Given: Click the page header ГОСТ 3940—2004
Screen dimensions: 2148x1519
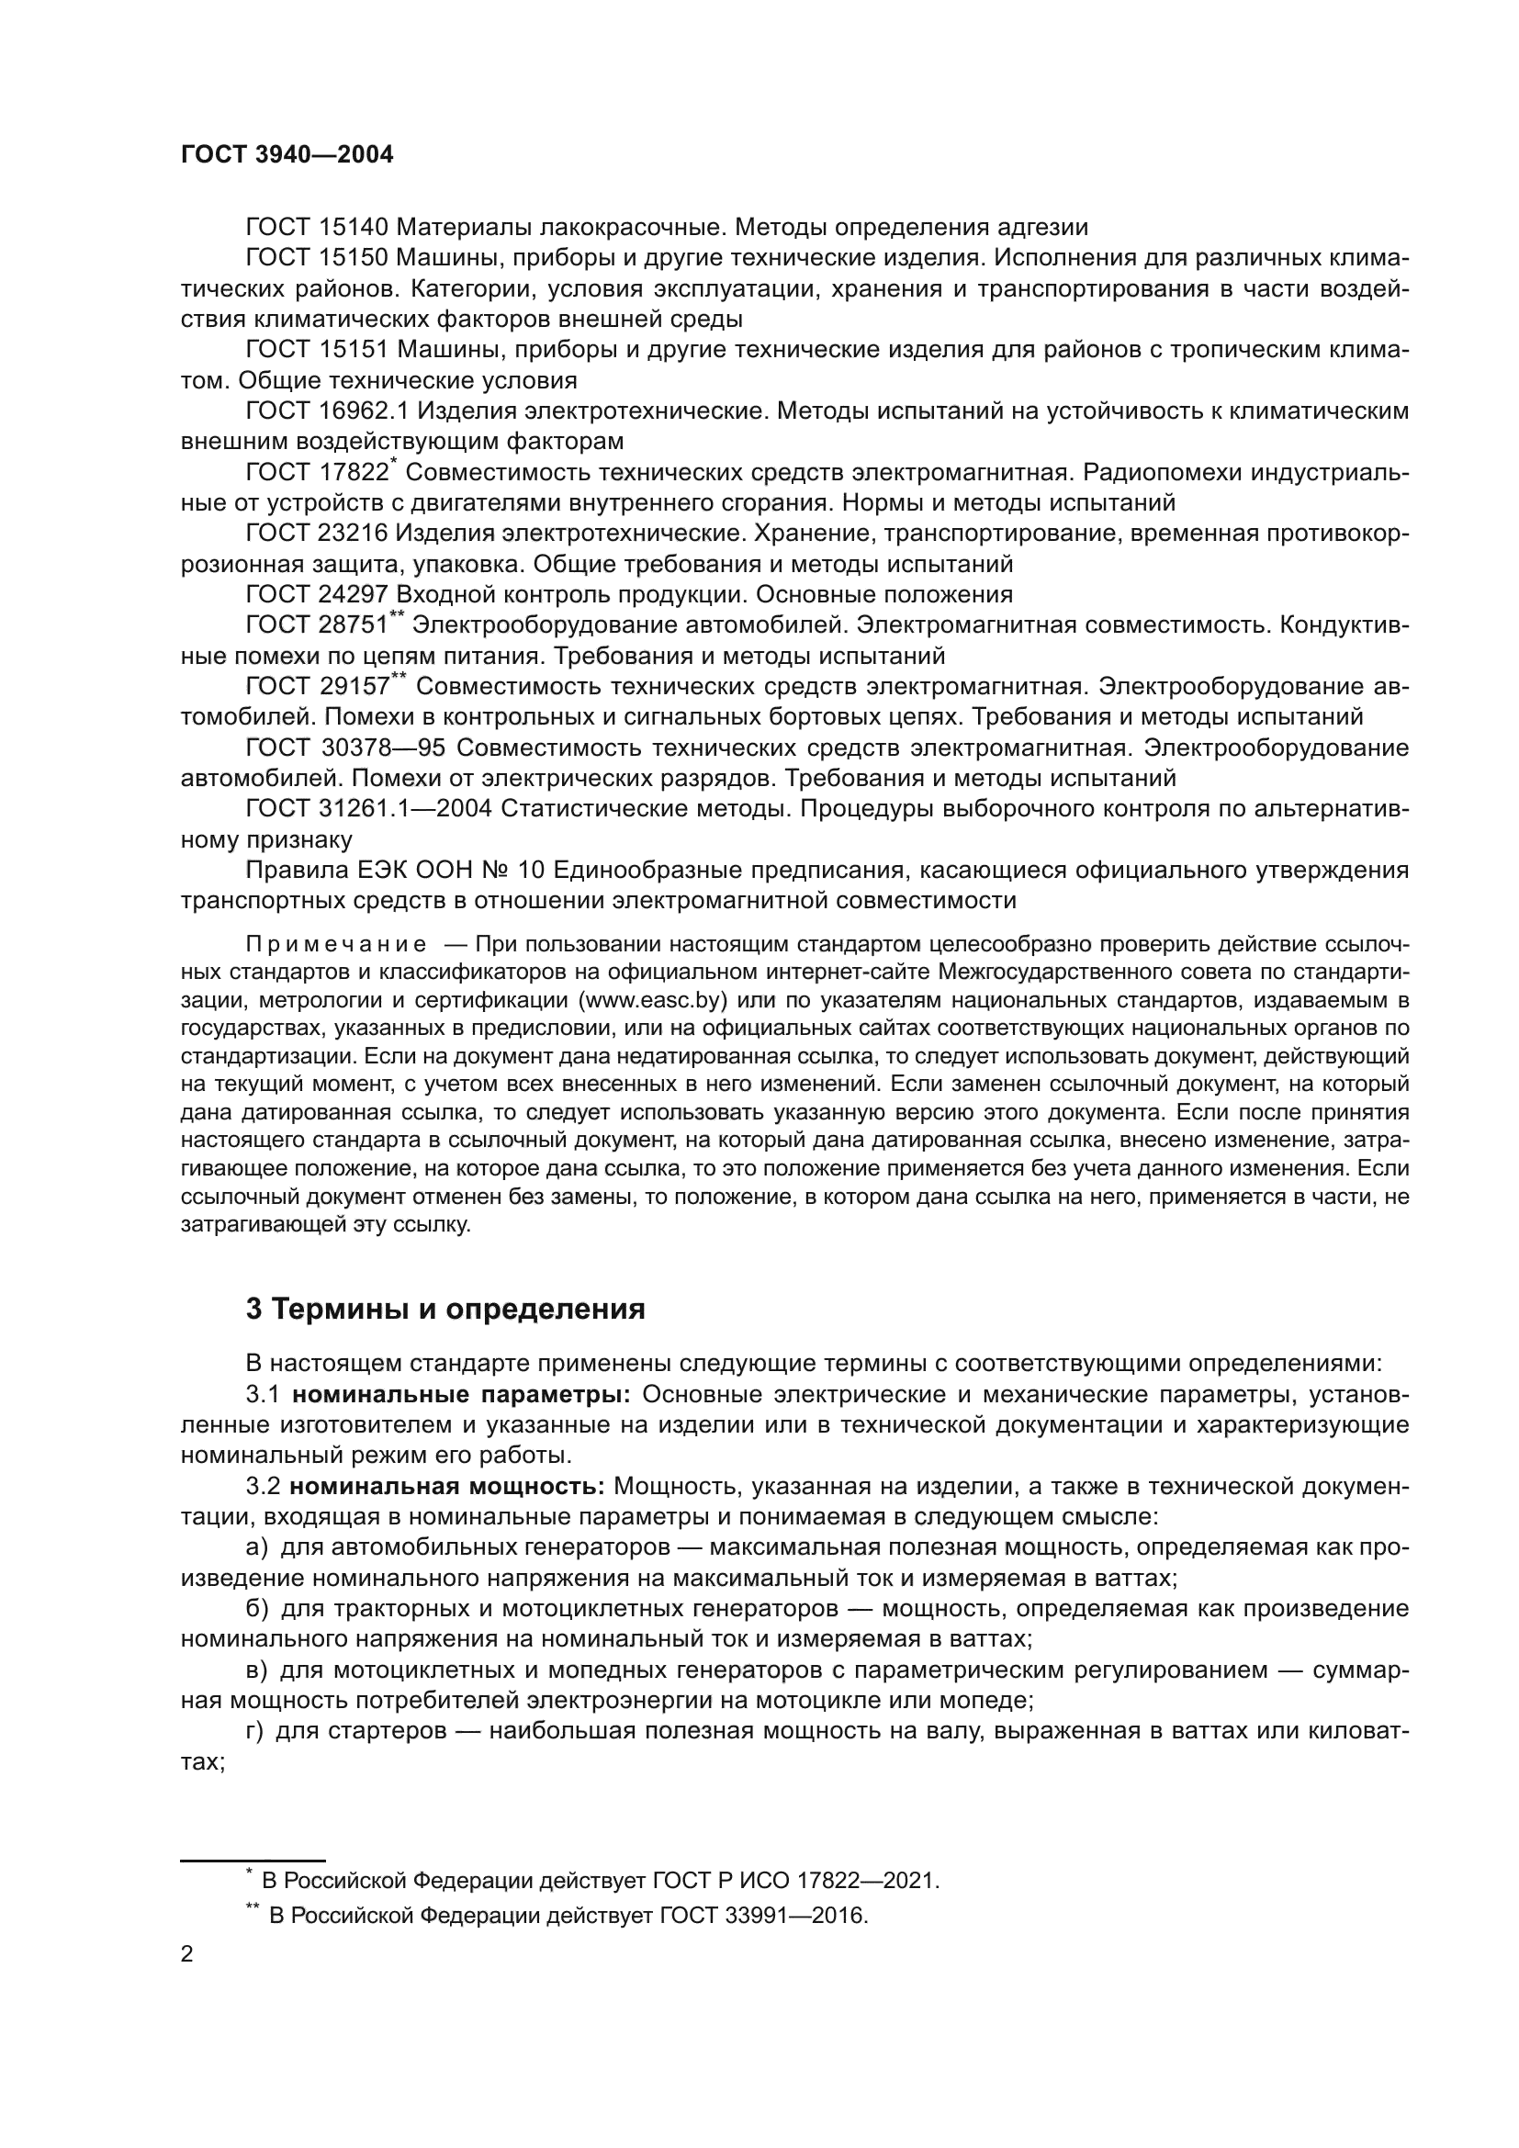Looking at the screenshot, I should [x=287, y=155].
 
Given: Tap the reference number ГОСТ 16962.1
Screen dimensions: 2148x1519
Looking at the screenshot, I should [x=325, y=410].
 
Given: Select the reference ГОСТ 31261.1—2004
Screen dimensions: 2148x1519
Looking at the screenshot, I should [x=368, y=808].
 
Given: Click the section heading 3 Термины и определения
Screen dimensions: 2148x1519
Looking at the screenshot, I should [x=445, y=1309].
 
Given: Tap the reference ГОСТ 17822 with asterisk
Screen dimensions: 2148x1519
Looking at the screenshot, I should [x=320, y=472].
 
